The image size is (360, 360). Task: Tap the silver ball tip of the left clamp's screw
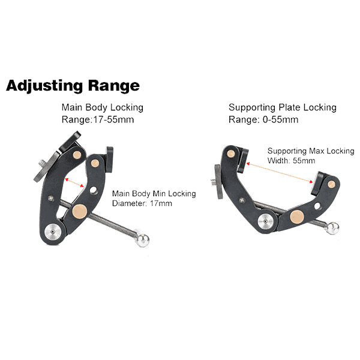[143, 239]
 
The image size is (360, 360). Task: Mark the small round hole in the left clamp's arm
[93, 190]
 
